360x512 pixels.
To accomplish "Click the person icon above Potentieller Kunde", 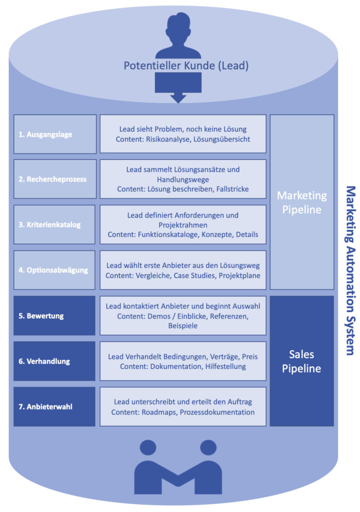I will click(x=178, y=36).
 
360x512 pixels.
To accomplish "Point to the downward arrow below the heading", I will click(x=178, y=88).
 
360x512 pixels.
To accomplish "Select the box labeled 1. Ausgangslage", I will click(x=54, y=134).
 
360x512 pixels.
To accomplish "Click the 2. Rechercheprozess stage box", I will click(x=54, y=179).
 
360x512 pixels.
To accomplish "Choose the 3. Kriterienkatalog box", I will click(x=54, y=224).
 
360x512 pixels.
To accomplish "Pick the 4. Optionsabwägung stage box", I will click(x=54, y=270).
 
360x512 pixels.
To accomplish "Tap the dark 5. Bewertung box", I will click(x=54, y=315).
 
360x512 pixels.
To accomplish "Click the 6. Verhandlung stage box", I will click(x=54, y=361).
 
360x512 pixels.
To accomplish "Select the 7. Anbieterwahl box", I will click(x=54, y=406).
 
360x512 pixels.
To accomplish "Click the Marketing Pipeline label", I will click(x=302, y=202).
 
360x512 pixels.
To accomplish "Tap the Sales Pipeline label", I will click(x=302, y=361).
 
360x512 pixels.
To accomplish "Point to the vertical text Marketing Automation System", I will click(x=350, y=270).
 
